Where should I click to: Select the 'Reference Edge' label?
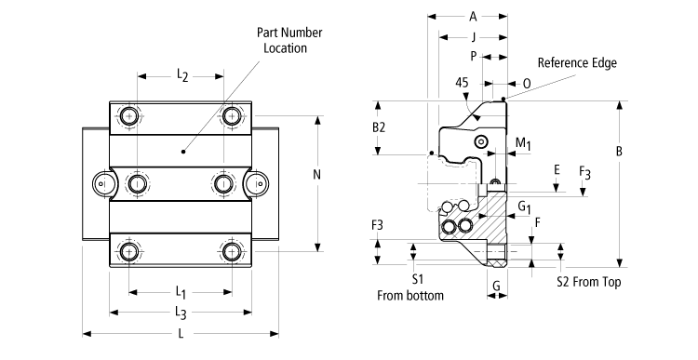click(x=577, y=63)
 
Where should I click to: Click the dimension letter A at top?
click(x=473, y=16)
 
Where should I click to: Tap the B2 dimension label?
click(x=379, y=127)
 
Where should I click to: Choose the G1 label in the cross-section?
click(x=524, y=205)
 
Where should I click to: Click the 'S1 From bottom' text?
click(x=410, y=287)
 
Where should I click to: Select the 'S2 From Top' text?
click(x=587, y=281)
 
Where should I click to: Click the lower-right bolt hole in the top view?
click(x=232, y=250)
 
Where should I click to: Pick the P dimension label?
click(x=473, y=57)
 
